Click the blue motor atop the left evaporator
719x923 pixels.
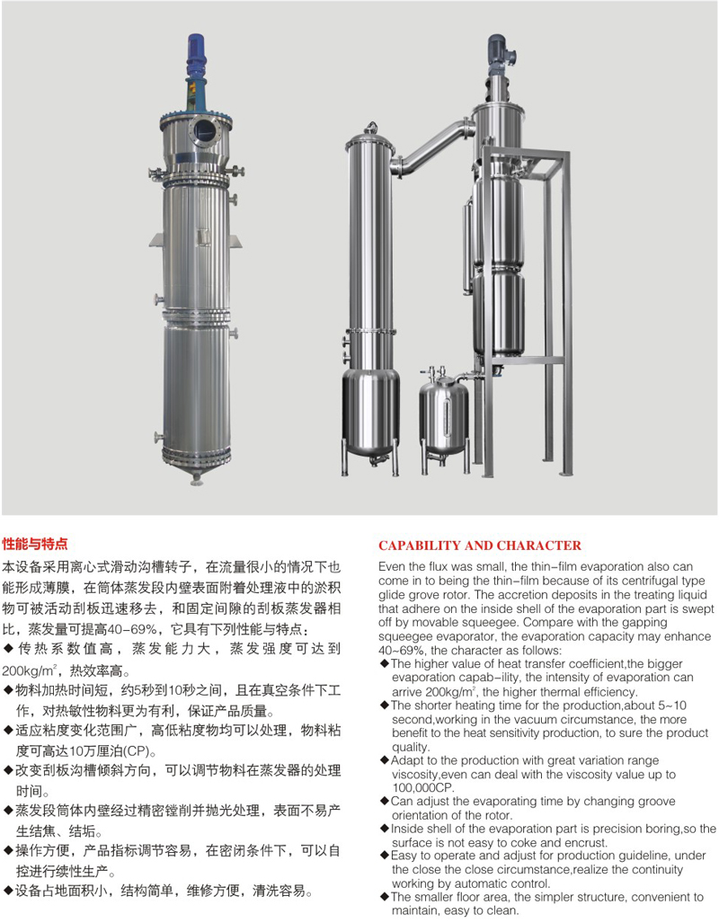[196, 56]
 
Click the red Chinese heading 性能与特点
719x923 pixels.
[35, 544]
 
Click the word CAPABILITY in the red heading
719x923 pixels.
[421, 546]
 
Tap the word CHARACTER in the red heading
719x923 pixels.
[541, 546]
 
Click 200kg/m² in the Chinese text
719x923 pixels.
[29, 670]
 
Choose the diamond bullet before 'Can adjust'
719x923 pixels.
[386, 801]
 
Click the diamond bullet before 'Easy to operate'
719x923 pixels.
[386, 856]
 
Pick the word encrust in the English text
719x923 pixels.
[583, 843]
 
